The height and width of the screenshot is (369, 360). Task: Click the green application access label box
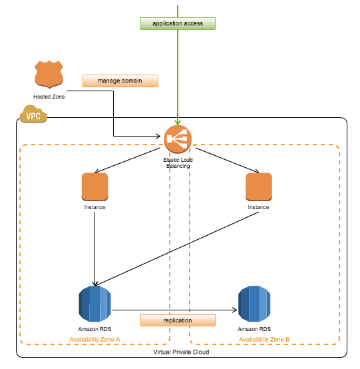coord(178,23)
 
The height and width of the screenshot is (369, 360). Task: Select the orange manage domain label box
coord(120,81)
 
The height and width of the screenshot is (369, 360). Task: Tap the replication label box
coord(178,320)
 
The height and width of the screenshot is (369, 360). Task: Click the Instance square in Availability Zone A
coord(94,186)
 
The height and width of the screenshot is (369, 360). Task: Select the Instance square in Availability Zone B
coord(259,186)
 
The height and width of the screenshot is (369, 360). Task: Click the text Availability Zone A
coord(94,340)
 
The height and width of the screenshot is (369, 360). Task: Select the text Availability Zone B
coord(264,340)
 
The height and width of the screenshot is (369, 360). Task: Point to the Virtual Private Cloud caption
coord(182,351)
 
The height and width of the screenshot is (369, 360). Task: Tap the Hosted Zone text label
coord(48,97)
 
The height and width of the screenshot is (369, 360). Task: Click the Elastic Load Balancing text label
coord(178,163)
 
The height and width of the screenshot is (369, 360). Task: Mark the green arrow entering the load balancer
coord(178,80)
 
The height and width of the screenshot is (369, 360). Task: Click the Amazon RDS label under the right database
coord(255,329)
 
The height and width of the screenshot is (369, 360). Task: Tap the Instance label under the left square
coord(94,207)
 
